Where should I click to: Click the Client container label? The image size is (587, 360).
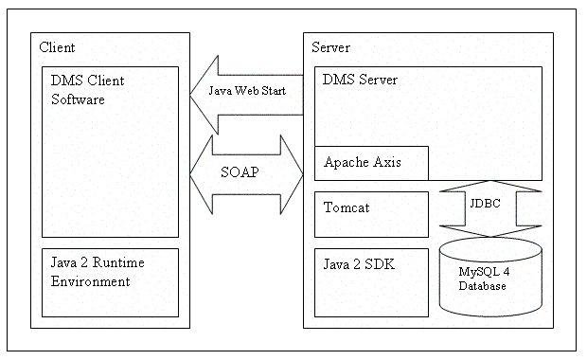(58, 47)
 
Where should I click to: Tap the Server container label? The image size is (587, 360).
(331, 47)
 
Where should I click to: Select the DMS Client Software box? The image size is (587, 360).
(110, 152)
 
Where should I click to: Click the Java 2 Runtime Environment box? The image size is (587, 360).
(110, 282)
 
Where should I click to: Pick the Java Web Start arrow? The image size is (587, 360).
(248, 91)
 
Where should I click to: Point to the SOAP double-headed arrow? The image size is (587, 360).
(246, 174)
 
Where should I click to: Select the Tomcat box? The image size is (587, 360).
(371, 214)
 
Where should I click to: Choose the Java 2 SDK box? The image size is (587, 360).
(371, 282)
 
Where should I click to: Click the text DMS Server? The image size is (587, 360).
(360, 80)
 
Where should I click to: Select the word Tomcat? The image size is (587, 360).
(348, 206)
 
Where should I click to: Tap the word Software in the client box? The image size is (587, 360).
(78, 99)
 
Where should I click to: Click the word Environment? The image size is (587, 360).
(90, 281)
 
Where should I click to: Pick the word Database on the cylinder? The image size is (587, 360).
(484, 286)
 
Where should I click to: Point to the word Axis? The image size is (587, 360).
(388, 162)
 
